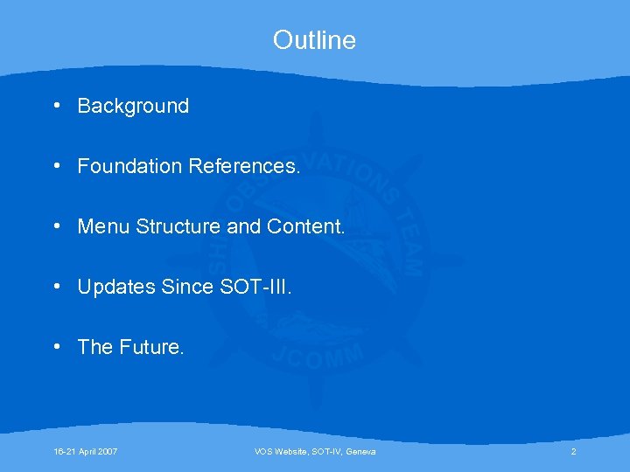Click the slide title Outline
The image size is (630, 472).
(314, 40)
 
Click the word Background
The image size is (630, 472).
(133, 107)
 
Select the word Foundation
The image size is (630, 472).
(129, 166)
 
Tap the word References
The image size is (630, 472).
(244, 166)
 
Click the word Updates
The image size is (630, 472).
(116, 287)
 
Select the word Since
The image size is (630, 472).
(187, 287)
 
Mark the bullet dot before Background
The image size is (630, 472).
(56, 106)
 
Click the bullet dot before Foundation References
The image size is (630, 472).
(56, 165)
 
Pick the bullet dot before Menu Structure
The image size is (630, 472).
(56, 226)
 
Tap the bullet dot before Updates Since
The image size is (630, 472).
(56, 286)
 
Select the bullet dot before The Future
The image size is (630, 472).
(56, 346)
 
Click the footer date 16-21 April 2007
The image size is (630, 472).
(86, 451)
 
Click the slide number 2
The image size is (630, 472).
(573, 451)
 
